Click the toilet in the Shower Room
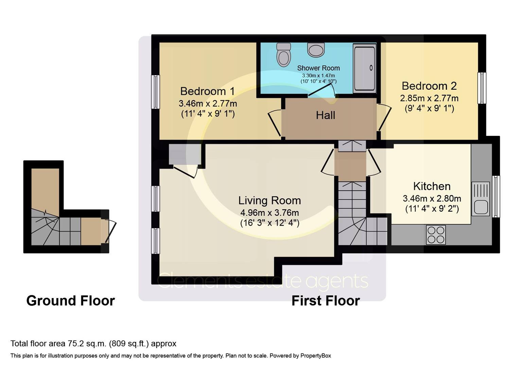[283, 55]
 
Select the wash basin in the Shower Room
[316, 50]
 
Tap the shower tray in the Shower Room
[364, 68]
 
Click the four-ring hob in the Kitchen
[436, 235]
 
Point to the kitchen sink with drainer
[481, 199]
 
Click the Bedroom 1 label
[207, 91]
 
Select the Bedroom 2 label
[429, 86]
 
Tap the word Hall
[325, 115]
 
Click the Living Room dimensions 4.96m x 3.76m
[269, 213]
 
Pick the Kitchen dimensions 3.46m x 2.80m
[432, 198]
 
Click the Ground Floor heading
[70, 301]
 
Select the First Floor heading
[325, 301]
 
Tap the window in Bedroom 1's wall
[155, 92]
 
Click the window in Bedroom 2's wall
[482, 88]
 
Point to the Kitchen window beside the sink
[496, 196]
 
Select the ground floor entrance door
[111, 231]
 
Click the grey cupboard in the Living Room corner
[185, 154]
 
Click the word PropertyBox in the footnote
[315, 356]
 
